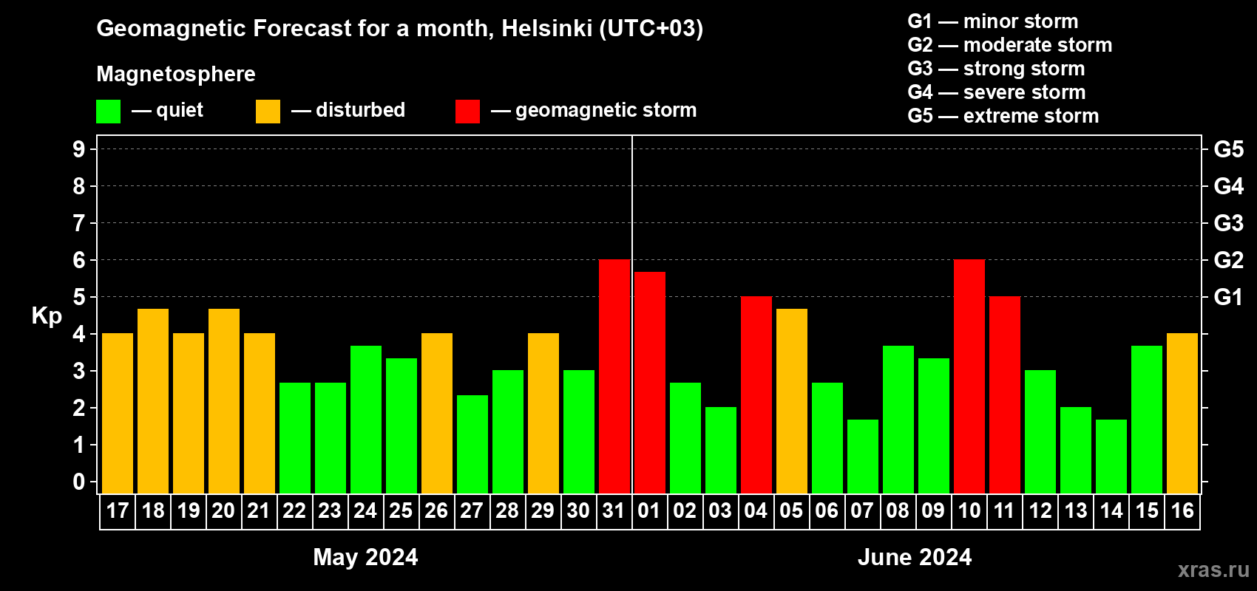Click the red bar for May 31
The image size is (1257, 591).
pyautogui.click(x=614, y=376)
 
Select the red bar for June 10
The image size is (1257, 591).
pyautogui.click(x=969, y=376)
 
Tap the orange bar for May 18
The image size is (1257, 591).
pyautogui.click(x=153, y=400)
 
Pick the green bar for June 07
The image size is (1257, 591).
pyautogui.click(x=863, y=456)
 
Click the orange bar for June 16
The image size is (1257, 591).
pyautogui.click(x=1182, y=413)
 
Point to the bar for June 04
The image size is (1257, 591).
pyautogui.click(x=756, y=394)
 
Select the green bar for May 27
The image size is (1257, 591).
pyautogui.click(x=472, y=444)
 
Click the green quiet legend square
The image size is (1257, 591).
pyautogui.click(x=109, y=112)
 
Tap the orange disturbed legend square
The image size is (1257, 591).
pyautogui.click(x=268, y=112)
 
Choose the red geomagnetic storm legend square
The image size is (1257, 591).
pyautogui.click(x=467, y=112)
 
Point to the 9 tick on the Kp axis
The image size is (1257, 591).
pyautogui.click(x=79, y=149)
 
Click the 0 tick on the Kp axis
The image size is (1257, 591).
pyautogui.click(x=79, y=482)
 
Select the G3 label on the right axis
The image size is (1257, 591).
pyautogui.click(x=1228, y=223)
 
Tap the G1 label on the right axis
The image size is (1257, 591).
pyautogui.click(x=1228, y=297)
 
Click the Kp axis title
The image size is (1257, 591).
pyautogui.click(x=47, y=315)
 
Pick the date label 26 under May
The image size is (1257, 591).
pyautogui.click(x=436, y=510)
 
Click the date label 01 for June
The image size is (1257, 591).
pyautogui.click(x=649, y=510)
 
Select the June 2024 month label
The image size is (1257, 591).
pyautogui.click(x=915, y=557)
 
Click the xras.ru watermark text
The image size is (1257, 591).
pyautogui.click(x=1213, y=570)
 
